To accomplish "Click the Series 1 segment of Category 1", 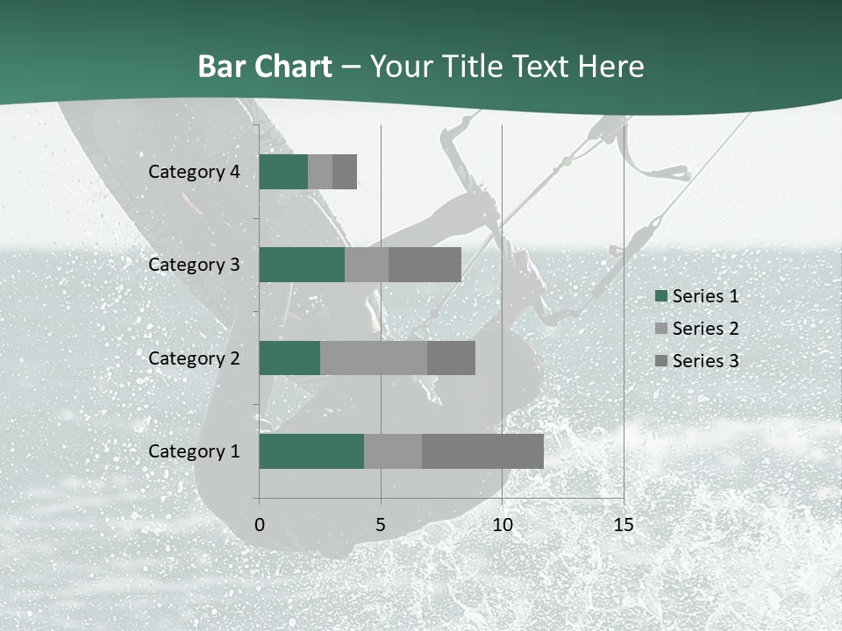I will [x=311, y=451].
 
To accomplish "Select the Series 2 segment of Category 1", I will [x=393, y=451].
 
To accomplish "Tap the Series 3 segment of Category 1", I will [x=482, y=451].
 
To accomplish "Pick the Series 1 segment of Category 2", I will [x=289, y=358].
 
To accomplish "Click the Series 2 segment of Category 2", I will [x=374, y=358].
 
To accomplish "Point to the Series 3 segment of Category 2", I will [x=451, y=358].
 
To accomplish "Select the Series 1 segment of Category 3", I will [x=302, y=265].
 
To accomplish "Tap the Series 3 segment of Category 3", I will [x=425, y=265].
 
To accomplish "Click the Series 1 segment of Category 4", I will [x=283, y=172].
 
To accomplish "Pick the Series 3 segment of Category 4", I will [x=345, y=172].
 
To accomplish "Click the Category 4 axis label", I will [x=194, y=172].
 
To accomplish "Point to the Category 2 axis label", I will [x=194, y=358].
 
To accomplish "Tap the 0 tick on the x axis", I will [x=260, y=525].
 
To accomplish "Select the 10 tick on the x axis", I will [x=502, y=525].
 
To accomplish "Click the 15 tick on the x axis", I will [x=623, y=525].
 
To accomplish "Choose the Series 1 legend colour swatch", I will [x=660, y=296].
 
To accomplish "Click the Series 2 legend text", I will [x=705, y=329].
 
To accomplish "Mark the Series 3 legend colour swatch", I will [x=660, y=361].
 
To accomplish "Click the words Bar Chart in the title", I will [x=265, y=67].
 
